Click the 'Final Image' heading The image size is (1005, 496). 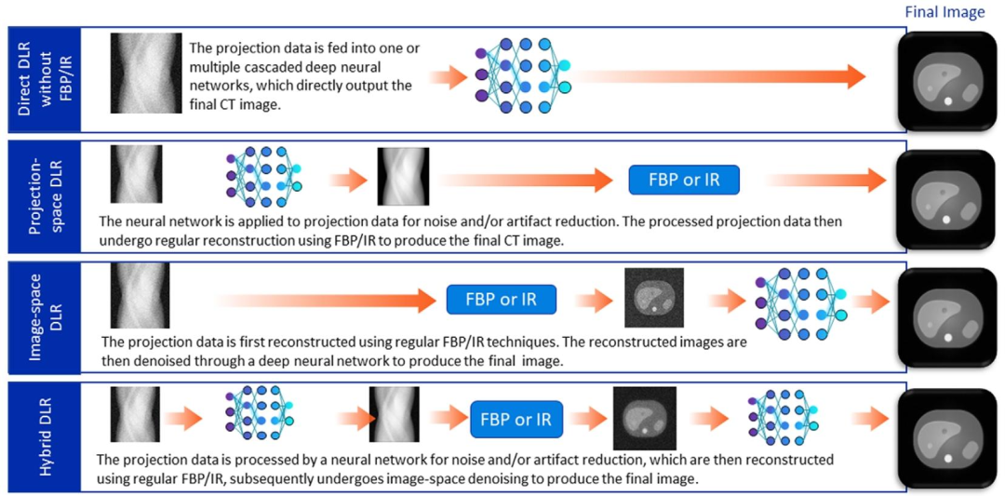[x=945, y=12]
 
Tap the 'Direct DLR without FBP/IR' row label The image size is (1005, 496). [x=40, y=79]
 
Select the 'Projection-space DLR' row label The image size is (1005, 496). [x=40, y=196]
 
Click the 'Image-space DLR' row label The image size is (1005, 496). [x=40, y=315]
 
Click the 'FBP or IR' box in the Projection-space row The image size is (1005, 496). [x=684, y=180]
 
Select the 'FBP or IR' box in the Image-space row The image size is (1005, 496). [x=502, y=299]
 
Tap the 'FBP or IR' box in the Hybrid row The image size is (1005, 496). [x=517, y=419]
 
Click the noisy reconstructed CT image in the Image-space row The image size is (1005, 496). [x=654, y=298]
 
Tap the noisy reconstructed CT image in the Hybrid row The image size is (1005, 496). [x=645, y=418]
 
